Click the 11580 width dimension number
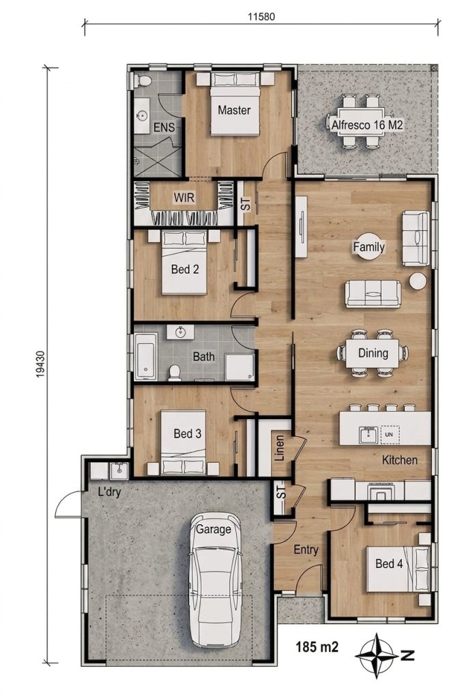[261, 17]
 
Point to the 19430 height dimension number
[40, 365]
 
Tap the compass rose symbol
[378, 655]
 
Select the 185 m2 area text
[317, 646]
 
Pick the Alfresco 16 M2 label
[366, 125]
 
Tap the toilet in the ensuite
[143, 81]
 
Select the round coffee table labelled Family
[369, 246]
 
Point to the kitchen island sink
[368, 435]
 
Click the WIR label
[184, 197]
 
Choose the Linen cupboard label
[280, 448]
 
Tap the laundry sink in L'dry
[119, 471]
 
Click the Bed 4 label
[389, 564]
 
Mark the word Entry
[306, 550]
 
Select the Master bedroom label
[234, 110]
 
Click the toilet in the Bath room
[175, 373]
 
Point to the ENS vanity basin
[143, 116]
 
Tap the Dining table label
[373, 353]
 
